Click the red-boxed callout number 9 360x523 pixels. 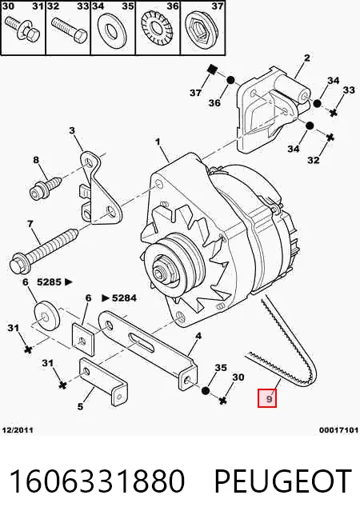(x=267, y=398)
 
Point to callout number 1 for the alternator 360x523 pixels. (x=158, y=142)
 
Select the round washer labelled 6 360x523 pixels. (x=47, y=314)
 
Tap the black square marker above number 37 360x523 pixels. (x=211, y=69)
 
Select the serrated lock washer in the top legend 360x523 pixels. (x=158, y=29)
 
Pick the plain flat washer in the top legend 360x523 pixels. (x=112, y=30)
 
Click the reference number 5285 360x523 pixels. (x=50, y=282)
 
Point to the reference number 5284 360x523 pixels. (x=124, y=297)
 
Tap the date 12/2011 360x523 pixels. (x=18, y=430)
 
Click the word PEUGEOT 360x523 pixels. (x=283, y=481)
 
